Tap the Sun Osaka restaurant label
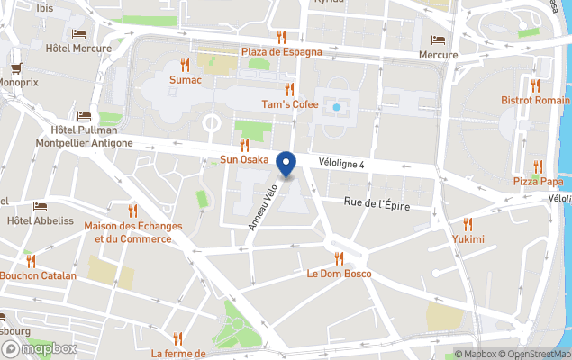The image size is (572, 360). pos(244,160)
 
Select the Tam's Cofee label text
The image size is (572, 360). pos(290,104)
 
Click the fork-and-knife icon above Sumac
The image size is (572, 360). pos(185,65)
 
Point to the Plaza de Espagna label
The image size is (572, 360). pos(281,51)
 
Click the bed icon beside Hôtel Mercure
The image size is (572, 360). pos(78,34)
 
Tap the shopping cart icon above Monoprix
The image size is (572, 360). pos(15,67)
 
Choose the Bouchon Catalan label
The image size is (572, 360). pos(38,275)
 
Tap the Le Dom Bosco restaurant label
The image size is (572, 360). pos(339,273)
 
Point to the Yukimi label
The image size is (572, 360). pos(468,239)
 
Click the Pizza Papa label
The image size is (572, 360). pos(537,182)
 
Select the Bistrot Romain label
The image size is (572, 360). pos(536,100)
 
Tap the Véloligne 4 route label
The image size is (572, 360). pos(341,164)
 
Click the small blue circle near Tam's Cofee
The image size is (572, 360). pos(336,107)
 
